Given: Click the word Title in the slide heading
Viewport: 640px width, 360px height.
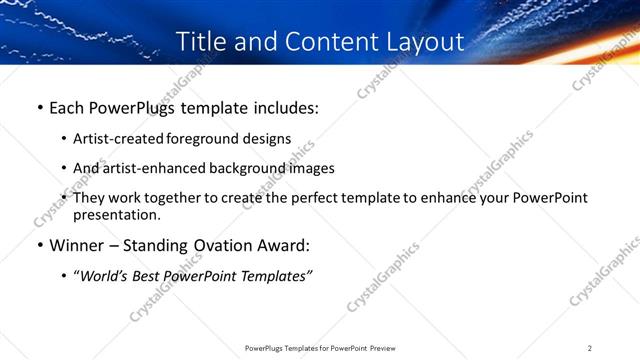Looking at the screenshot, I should click(201, 42).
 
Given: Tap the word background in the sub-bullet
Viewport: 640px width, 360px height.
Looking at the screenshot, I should click(248, 168).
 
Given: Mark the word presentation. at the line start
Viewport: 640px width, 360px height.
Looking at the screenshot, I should click(116, 214).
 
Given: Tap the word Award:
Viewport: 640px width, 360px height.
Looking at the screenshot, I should click(287, 245).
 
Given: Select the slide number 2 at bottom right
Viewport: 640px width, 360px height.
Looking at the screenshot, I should click(590, 348).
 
